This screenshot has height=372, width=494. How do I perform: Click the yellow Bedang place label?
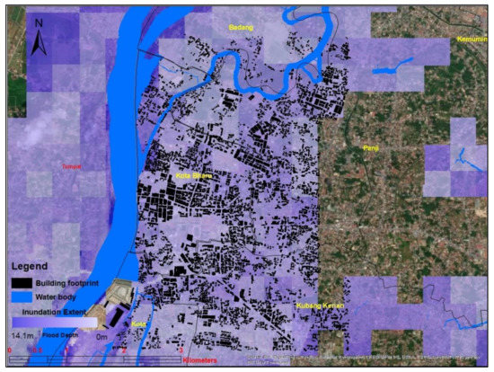[241, 28]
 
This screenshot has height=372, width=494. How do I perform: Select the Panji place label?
[372, 147]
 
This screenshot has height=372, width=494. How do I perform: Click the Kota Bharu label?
[194, 176]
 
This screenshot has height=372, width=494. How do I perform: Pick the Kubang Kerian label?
[320, 306]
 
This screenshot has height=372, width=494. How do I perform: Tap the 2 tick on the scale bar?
[123, 350]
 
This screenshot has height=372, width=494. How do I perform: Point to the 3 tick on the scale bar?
[181, 350]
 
